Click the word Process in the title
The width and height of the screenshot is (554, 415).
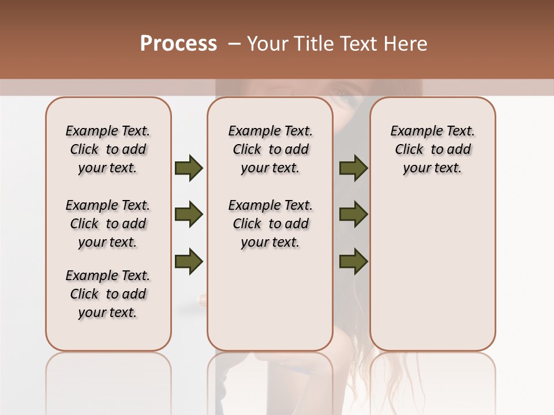[178, 44]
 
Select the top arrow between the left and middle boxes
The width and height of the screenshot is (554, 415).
[189, 168]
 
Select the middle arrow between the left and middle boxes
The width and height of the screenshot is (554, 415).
[189, 214]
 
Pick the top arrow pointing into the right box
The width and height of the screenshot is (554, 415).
[353, 168]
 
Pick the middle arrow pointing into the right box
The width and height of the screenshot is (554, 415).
[353, 214]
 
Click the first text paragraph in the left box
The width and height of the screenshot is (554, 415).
[108, 149]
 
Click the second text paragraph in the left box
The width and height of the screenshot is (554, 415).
[108, 224]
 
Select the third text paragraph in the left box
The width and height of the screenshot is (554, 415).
[108, 294]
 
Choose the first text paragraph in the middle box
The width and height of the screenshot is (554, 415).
[270, 149]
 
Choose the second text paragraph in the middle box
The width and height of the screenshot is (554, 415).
[270, 224]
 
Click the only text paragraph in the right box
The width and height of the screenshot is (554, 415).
[432, 149]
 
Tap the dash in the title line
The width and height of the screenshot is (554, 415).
[234, 44]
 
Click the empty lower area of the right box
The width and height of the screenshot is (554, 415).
[432, 277]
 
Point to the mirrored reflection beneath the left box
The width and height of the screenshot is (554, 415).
[108, 380]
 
